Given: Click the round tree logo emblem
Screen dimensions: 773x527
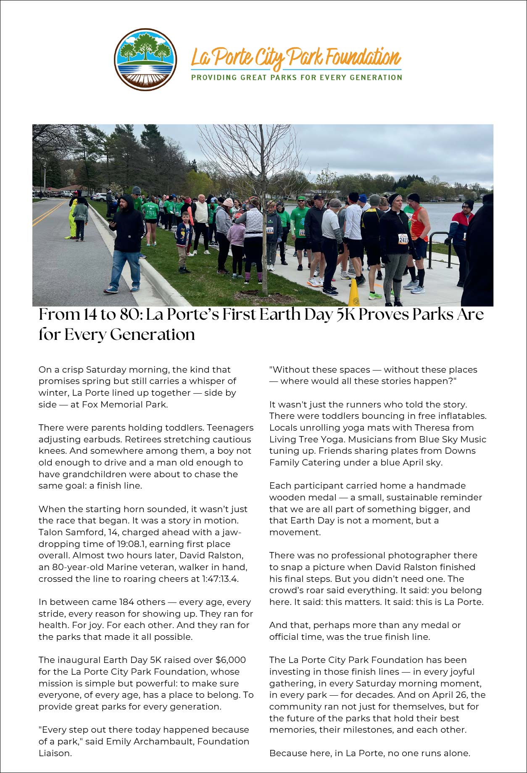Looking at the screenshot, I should (x=145, y=59).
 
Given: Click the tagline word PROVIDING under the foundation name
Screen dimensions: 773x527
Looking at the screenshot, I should (x=214, y=77).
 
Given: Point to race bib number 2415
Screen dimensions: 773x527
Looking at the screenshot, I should (x=403, y=239).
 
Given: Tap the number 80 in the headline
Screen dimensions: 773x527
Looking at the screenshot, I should (x=124, y=315).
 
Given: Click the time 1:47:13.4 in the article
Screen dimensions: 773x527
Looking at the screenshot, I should (x=220, y=579).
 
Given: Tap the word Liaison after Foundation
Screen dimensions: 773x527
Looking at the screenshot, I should (x=55, y=753).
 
